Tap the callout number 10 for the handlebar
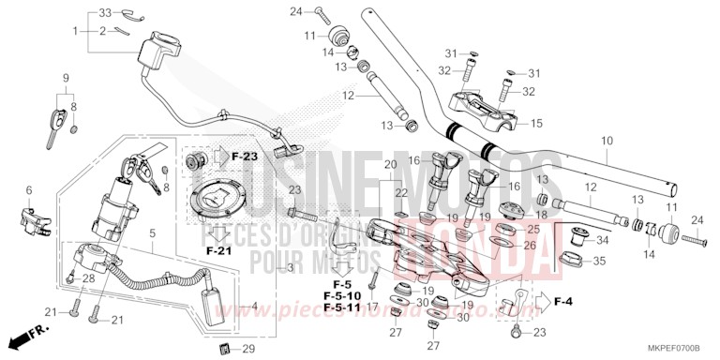tap(607, 142)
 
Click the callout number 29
tap(247, 350)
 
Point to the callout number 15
tap(537, 123)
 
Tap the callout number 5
tap(152, 231)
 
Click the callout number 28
tap(90, 278)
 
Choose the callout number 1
tap(75, 31)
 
